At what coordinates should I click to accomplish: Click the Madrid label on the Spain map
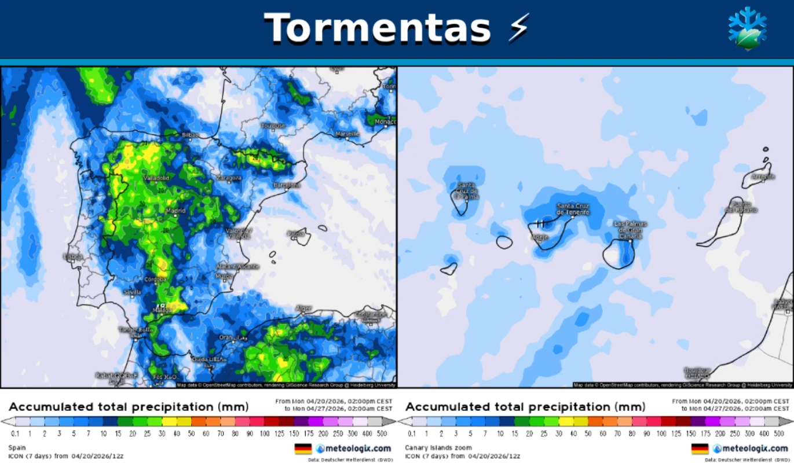175,211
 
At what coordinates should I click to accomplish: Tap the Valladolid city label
156,178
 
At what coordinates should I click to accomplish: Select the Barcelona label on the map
287,185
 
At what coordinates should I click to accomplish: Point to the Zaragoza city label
229,178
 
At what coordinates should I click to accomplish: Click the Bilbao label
190,135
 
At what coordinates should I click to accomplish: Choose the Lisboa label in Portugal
74,256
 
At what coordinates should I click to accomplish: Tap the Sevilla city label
132,292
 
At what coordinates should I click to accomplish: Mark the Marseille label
347,134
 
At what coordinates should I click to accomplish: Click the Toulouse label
273,126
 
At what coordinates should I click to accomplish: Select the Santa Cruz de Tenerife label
573,209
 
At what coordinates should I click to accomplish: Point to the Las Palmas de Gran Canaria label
631,230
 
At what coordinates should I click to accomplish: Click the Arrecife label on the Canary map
762,176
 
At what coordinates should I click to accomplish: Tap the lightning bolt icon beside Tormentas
518,27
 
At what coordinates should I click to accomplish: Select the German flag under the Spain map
303,449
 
